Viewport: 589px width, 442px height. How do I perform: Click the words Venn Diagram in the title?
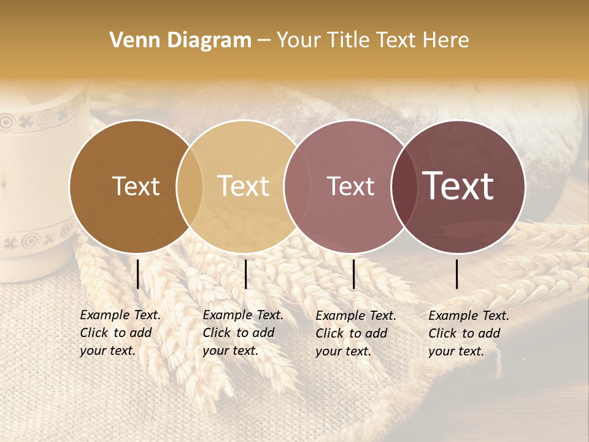pyautogui.click(x=180, y=41)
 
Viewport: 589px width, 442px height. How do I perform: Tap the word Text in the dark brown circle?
pyautogui.click(x=136, y=187)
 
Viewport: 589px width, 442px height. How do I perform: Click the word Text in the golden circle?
pyautogui.click(x=244, y=187)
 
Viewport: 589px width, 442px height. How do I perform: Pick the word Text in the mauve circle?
pyautogui.click(x=350, y=187)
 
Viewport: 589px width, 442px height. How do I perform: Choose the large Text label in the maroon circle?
pyautogui.click(x=458, y=186)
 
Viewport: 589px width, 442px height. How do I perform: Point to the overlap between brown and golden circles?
pyautogui.click(x=190, y=187)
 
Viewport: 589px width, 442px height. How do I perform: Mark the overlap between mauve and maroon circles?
pyautogui.click(x=404, y=187)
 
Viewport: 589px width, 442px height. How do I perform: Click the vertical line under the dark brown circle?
pyautogui.click(x=138, y=274)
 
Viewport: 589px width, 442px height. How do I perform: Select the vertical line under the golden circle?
pyautogui.click(x=245, y=274)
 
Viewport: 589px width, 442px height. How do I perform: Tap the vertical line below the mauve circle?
pyautogui.click(x=353, y=274)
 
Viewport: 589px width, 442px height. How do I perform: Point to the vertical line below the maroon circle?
pyautogui.click(x=457, y=274)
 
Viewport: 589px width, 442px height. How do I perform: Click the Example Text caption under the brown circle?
pyautogui.click(x=120, y=333)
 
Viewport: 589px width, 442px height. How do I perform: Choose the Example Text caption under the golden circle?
pyautogui.click(x=243, y=333)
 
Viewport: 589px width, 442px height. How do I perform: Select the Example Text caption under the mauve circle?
pyautogui.click(x=356, y=333)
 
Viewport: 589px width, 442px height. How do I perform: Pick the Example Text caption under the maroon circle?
pyautogui.click(x=469, y=333)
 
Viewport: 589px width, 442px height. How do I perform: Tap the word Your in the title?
pyautogui.click(x=299, y=41)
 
